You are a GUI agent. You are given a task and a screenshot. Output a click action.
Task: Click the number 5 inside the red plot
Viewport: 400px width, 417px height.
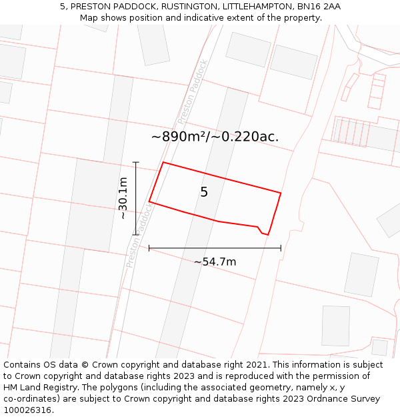pyautogui.click(x=204, y=192)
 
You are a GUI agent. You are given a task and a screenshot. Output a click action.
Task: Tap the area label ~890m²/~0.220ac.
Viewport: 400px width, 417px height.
pyautogui.click(x=215, y=137)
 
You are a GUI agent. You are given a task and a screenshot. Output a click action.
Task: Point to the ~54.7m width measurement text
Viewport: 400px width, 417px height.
pyautogui.click(x=215, y=262)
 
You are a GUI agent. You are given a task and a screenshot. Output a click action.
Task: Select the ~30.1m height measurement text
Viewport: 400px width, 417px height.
pyautogui.click(x=123, y=198)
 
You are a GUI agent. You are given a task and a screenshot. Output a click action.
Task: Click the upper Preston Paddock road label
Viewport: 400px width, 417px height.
pyautogui.click(x=193, y=93)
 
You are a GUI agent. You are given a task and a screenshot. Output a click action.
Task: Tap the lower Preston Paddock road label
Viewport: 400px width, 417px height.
pyautogui.click(x=140, y=235)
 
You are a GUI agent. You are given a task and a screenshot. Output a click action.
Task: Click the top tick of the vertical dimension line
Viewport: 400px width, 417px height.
pyautogui.click(x=136, y=162)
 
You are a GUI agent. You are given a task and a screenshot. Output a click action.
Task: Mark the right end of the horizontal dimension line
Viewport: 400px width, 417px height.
pyautogui.click(x=281, y=248)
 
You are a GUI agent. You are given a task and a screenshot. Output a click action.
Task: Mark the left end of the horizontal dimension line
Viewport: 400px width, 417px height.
pyautogui.click(x=149, y=248)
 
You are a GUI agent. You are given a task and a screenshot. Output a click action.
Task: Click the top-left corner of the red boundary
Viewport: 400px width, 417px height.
pyautogui.click(x=163, y=162)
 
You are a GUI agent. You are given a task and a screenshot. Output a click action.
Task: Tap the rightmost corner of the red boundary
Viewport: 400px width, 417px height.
pyautogui.click(x=281, y=193)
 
